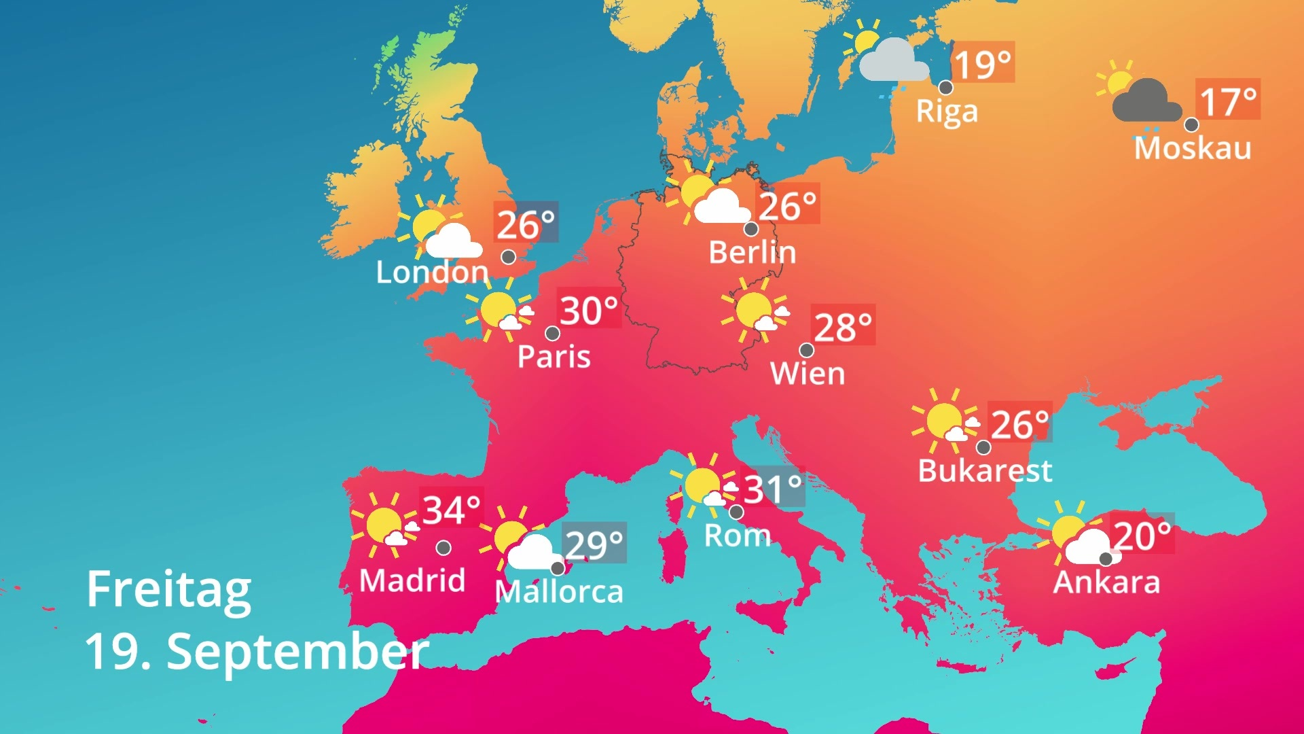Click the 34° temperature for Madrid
click(451, 510)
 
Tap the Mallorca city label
click(559, 592)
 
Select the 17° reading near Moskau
click(1228, 101)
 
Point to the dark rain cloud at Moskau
click(1146, 102)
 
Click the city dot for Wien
click(806, 350)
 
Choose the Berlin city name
click(752, 253)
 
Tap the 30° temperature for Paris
click(588, 311)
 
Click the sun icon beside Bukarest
click(943, 420)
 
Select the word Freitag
click(168, 589)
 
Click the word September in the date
click(297, 651)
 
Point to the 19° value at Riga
click(982, 64)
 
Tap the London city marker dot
click(508, 258)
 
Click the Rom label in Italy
click(737, 536)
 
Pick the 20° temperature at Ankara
click(1142, 536)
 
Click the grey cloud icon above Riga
click(893, 61)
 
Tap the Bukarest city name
click(985, 470)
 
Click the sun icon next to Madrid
click(384, 524)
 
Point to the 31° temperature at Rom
click(772, 488)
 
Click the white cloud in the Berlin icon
click(721, 207)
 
